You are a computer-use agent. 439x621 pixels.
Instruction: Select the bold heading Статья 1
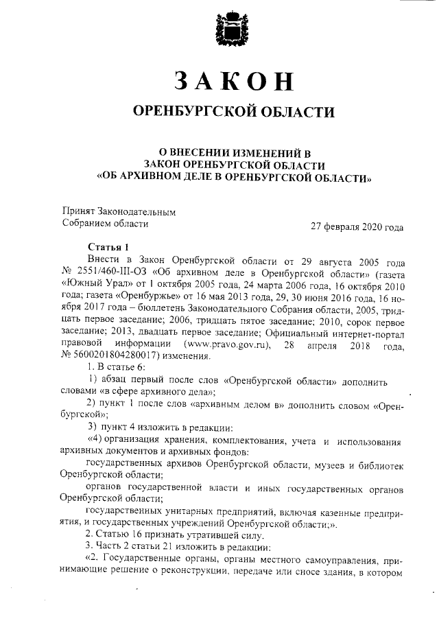click(108, 247)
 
